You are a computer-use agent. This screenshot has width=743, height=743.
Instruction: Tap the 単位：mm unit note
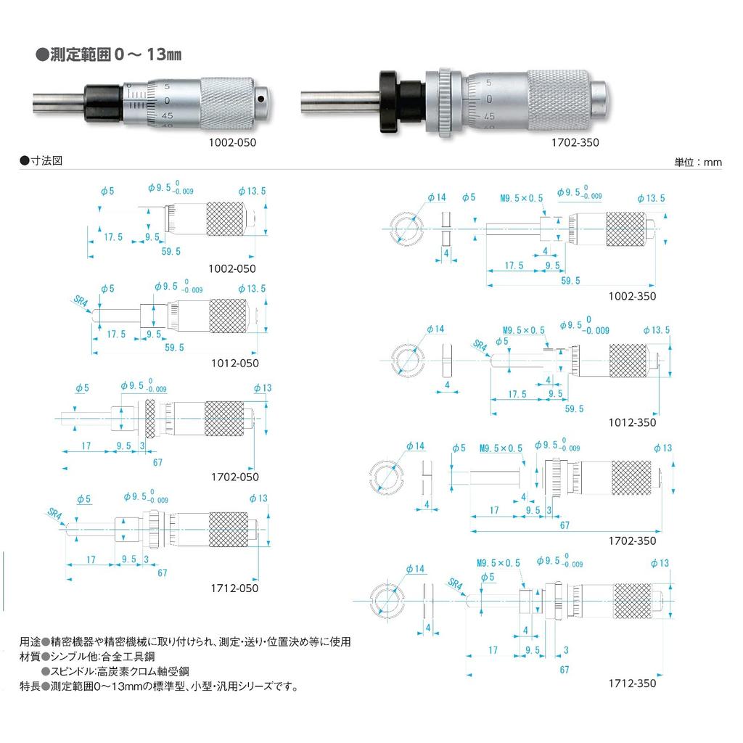click(698, 163)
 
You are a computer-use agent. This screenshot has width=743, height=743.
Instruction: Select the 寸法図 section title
click(45, 160)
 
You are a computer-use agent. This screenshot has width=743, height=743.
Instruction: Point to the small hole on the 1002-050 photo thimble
click(260, 96)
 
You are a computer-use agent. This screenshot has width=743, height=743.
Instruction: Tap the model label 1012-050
click(233, 362)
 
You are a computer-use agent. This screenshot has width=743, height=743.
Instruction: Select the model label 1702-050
click(234, 477)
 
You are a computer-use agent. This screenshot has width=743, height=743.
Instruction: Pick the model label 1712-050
click(233, 588)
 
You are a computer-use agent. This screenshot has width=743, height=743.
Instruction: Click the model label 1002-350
click(631, 296)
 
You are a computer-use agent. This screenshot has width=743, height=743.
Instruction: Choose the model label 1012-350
click(631, 422)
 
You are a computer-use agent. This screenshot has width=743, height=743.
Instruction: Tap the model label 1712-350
click(631, 683)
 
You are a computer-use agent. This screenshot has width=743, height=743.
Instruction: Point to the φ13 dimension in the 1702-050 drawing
click(263, 388)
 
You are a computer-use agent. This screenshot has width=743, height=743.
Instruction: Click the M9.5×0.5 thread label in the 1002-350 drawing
click(521, 197)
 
